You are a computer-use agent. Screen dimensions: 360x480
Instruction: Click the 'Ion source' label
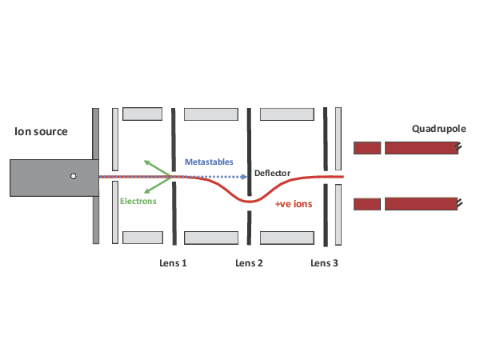click(x=41, y=131)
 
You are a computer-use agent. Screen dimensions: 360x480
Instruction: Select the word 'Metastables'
click(x=209, y=162)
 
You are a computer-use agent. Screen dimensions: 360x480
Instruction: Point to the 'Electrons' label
click(x=138, y=201)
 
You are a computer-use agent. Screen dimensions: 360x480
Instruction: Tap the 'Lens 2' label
click(x=249, y=263)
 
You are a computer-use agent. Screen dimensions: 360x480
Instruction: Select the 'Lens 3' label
click(x=324, y=263)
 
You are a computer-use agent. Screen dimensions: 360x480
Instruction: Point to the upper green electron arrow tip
click(x=146, y=161)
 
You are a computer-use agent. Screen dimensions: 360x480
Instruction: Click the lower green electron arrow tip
click(x=144, y=193)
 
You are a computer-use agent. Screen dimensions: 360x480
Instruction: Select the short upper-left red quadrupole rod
click(x=367, y=148)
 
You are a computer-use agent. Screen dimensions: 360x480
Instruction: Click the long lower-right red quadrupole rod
click(x=421, y=204)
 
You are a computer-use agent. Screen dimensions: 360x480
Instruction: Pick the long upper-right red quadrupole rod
click(x=421, y=148)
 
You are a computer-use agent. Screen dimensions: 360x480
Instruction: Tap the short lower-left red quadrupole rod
click(x=367, y=204)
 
